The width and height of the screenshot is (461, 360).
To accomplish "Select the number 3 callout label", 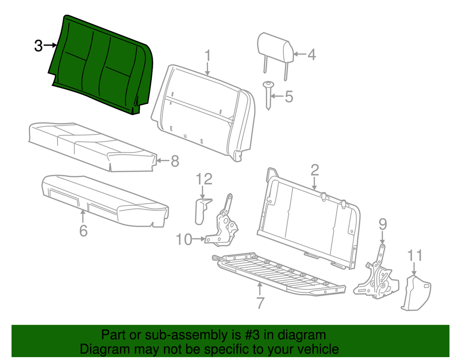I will coord(38,46).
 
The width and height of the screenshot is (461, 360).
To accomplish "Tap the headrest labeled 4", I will coord(275,48).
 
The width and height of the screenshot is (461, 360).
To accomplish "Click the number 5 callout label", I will coord(288,97).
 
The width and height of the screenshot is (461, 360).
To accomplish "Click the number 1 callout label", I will coord(207,56).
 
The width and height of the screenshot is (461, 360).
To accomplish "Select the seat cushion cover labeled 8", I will coord(91,147).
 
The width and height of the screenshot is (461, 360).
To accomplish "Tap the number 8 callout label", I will coord(174,161).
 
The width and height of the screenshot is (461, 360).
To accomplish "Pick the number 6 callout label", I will coord(83,231).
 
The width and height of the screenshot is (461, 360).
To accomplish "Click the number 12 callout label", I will coord(204,179).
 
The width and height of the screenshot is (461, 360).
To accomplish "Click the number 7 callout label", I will coord(260,303).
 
